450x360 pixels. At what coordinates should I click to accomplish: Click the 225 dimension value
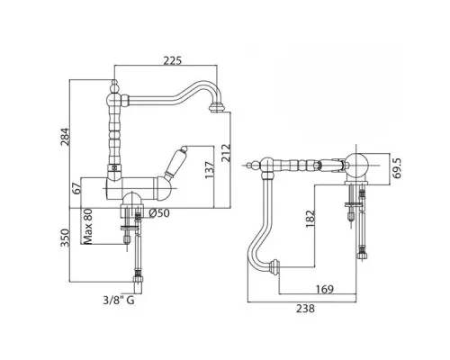tap(173, 60)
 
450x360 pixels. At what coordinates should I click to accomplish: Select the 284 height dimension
tap(65, 137)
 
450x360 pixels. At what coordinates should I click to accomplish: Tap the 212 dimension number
tap(226, 153)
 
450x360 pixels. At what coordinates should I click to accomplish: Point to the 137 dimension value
tap(210, 170)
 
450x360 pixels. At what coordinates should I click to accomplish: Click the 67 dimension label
tap(77, 188)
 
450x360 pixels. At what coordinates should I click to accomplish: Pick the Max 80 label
tap(87, 227)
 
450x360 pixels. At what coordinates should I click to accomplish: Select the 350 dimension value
tap(65, 238)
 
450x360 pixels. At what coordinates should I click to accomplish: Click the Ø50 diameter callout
tap(159, 213)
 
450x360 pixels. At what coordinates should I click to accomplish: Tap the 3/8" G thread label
tap(119, 300)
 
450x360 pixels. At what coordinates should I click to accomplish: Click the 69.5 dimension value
tap(398, 168)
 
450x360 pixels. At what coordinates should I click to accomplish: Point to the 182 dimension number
tap(310, 219)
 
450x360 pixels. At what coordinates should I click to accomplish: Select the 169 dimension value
tap(325, 290)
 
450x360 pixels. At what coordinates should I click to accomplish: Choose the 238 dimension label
tap(306, 309)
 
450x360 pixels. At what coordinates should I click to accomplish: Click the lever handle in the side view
tap(175, 162)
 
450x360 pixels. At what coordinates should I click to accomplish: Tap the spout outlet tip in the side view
tap(217, 108)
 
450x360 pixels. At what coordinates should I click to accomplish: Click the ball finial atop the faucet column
tap(114, 85)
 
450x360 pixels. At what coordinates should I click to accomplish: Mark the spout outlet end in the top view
tap(274, 268)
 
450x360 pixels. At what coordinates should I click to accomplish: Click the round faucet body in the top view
tap(356, 166)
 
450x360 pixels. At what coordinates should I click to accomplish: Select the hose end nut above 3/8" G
tap(138, 279)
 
